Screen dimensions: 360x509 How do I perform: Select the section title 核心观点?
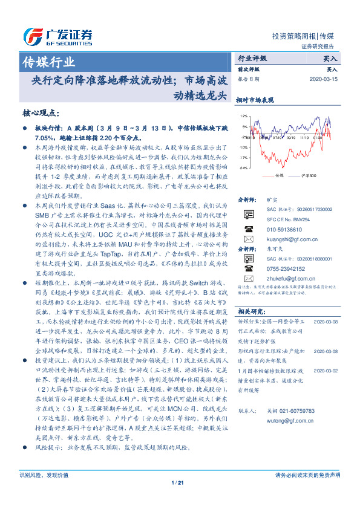pyautogui.click(x=41, y=113)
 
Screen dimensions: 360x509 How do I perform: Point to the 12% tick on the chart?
pyautogui.click(x=243, y=115)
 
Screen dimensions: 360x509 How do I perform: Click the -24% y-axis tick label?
pyautogui.click(x=243, y=167)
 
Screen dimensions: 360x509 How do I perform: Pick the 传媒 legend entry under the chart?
pyautogui.click(x=279, y=175)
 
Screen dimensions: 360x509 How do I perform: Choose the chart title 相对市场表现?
pyautogui.click(x=255, y=100)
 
